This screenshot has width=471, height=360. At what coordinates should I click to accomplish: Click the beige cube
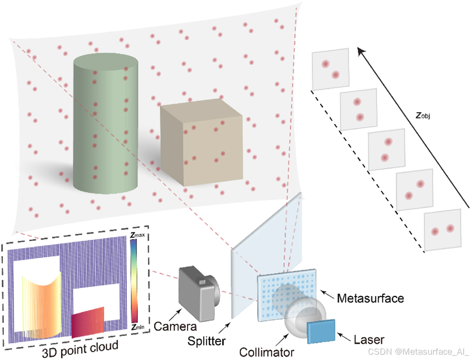pos(201,145)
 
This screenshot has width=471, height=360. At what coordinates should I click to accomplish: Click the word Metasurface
pos(369,298)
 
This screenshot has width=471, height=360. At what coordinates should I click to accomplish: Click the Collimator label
pos(265,352)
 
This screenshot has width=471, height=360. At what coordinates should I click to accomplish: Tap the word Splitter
pos(207,341)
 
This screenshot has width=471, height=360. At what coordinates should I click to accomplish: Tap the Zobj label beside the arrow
pos(426,116)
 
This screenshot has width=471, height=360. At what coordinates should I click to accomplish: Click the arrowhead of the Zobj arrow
pos(360,49)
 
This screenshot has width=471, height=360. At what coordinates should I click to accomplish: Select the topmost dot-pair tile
pos(330,69)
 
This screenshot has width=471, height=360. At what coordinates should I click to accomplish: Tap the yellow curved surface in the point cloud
pos(44,304)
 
